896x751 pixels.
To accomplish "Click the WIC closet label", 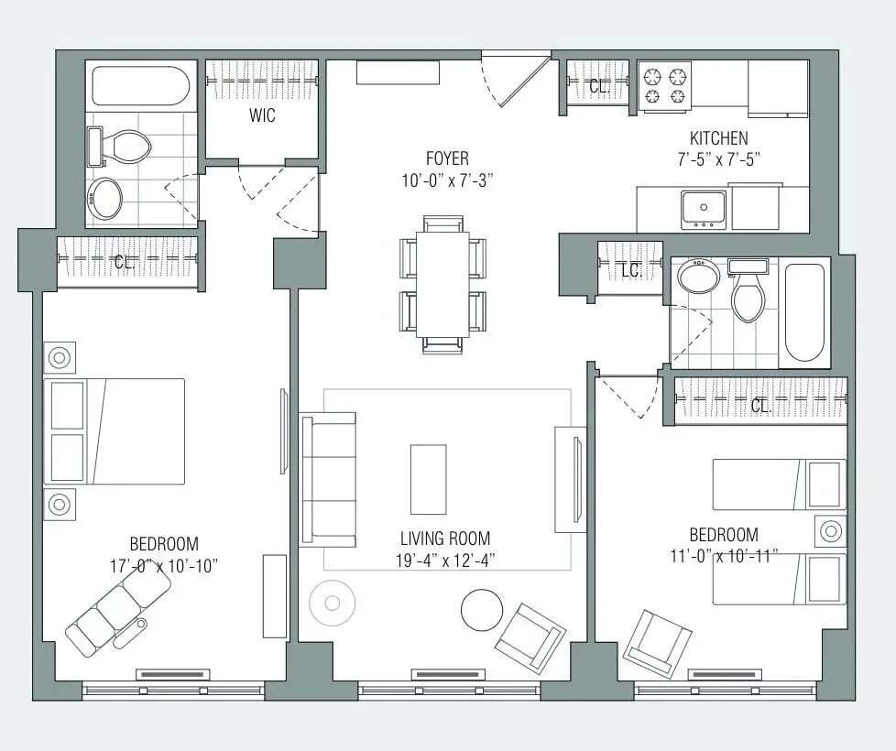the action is (x=262, y=115).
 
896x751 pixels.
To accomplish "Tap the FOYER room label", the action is (x=447, y=158).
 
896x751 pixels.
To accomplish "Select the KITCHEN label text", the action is (x=719, y=137).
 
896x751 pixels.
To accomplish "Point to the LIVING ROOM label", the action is (x=445, y=538).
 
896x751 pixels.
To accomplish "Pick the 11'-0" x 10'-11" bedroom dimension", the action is (x=724, y=555).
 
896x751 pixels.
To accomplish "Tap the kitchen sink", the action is (x=704, y=209).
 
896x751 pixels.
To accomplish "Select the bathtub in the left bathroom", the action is (x=140, y=86).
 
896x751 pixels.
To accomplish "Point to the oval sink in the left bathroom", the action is (x=104, y=199).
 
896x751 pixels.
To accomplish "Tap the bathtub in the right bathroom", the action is (x=804, y=311).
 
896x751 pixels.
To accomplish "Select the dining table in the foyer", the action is (x=443, y=284).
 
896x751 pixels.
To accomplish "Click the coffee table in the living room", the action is (x=429, y=480).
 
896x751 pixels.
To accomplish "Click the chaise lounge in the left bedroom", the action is (x=118, y=612).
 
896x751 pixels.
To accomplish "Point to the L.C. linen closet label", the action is (x=632, y=272).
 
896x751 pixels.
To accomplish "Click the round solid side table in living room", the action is (x=482, y=609).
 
